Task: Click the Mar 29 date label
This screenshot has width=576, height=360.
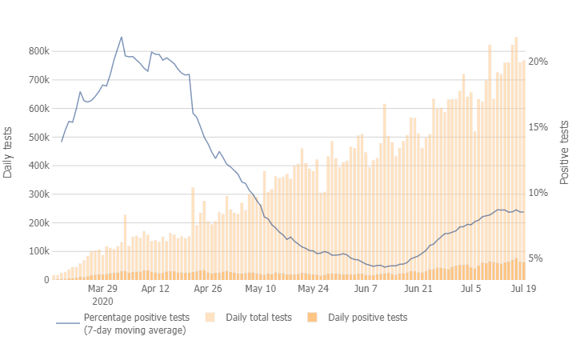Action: click(102, 289)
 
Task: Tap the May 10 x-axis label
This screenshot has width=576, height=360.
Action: click(260, 289)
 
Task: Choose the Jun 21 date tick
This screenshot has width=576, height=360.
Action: click(418, 289)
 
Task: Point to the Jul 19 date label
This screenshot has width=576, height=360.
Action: click(522, 289)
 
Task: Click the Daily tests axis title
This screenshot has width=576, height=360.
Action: click(9, 152)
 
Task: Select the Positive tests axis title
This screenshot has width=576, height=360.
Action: click(564, 152)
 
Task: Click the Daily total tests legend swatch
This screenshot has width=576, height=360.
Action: click(211, 318)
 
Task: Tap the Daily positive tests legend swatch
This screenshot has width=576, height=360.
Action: click(312, 318)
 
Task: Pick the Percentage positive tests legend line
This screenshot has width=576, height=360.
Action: click(67, 323)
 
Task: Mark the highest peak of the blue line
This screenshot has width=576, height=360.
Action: click(122, 37)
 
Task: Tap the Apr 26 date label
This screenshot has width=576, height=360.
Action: click(207, 289)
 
